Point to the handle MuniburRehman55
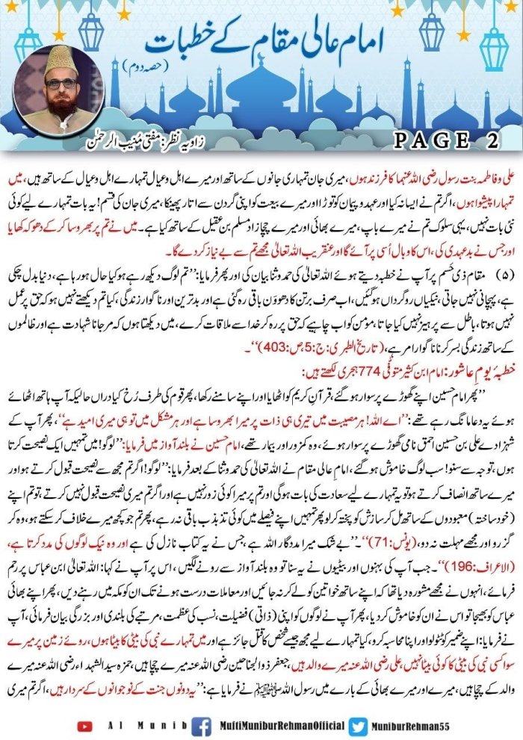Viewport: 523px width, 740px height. pyautogui.click(x=424, y=725)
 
